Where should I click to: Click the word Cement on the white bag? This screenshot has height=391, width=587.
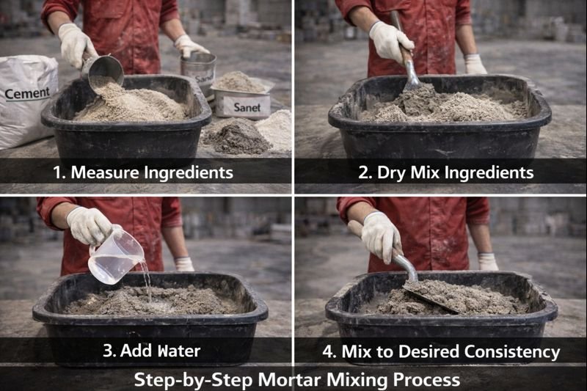(x=27, y=93)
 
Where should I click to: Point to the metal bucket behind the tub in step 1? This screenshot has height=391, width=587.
(x=199, y=72)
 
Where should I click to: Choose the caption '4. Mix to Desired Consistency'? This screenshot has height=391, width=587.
(x=441, y=351)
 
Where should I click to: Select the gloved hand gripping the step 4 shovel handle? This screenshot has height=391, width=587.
(x=381, y=235)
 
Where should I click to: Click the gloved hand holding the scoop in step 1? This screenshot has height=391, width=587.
(x=76, y=44)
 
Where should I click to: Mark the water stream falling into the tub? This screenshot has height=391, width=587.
(x=147, y=282)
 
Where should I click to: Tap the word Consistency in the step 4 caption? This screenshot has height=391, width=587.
(x=514, y=351)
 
